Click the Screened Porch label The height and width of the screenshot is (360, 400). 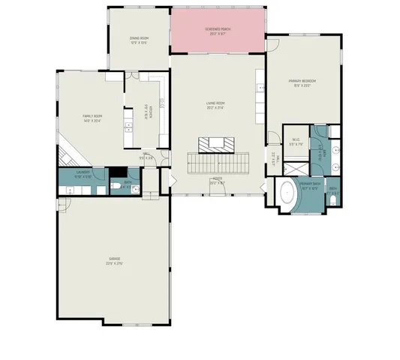(219, 31)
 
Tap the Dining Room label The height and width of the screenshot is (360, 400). (139, 40)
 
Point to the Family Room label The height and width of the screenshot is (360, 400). (92, 118)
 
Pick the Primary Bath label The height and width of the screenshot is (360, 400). (311, 184)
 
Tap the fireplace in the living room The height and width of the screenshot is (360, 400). (217, 143)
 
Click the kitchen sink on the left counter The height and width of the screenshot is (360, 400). (128, 131)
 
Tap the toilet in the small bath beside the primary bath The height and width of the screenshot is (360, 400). (332, 199)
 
